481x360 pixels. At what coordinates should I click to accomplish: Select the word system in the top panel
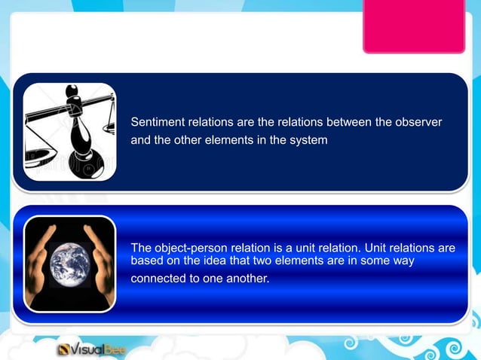tap(309, 140)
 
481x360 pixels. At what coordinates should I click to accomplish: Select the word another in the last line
tap(244, 278)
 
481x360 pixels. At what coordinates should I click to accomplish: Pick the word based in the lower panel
tap(147, 261)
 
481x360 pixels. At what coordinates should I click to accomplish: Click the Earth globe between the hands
tap(69, 263)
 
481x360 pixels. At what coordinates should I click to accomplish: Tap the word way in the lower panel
tap(403, 261)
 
